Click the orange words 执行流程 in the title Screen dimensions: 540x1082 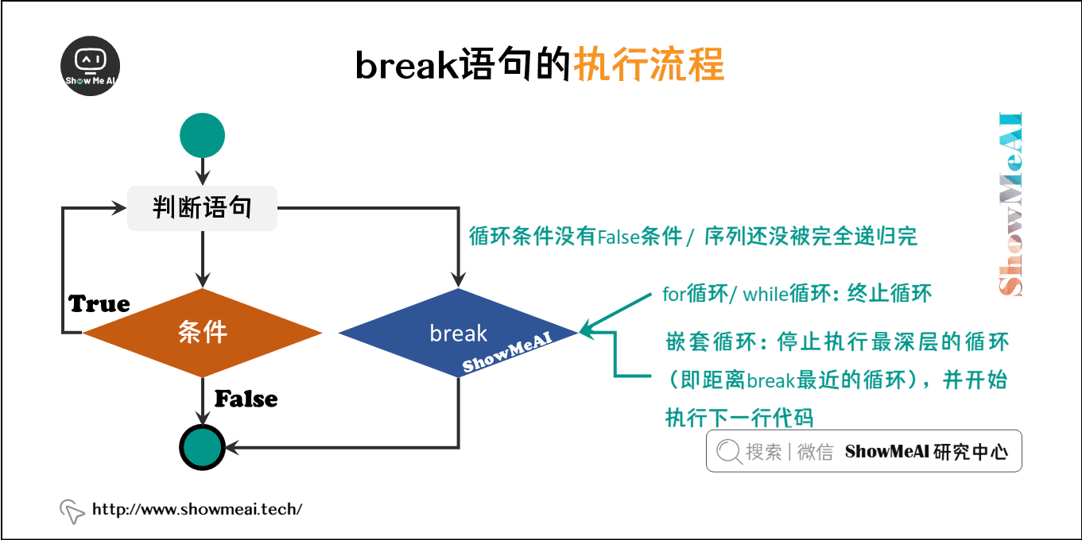tap(649, 66)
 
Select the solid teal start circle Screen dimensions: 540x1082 tap(203, 135)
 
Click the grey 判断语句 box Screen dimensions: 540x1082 tap(203, 209)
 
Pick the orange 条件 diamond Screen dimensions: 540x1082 tap(203, 333)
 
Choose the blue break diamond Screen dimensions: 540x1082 tap(458, 333)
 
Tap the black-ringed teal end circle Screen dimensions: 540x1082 tap(203, 446)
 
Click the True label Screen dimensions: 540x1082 tap(99, 304)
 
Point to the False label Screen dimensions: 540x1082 tap(246, 399)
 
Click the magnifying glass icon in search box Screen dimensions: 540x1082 tap(728, 452)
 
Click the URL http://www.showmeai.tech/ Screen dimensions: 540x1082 tap(197, 509)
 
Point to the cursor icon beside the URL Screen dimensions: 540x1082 tap(72, 511)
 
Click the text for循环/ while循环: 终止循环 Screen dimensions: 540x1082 tap(796, 294)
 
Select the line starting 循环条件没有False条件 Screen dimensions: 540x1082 tap(693, 236)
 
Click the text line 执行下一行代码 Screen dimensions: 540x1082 tap(739, 417)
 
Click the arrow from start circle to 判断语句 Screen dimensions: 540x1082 tap(203, 169)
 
